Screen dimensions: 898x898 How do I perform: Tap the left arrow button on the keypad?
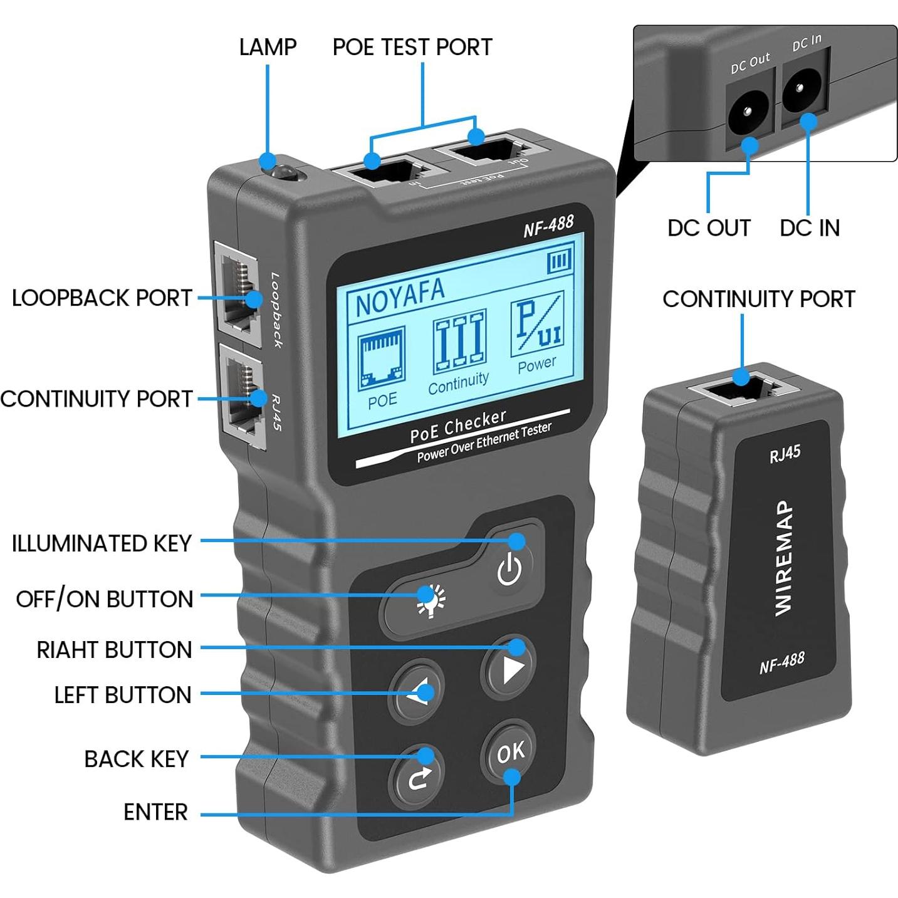(416, 691)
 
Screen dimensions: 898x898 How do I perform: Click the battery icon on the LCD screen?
(560, 261)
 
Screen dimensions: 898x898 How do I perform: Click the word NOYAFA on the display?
(400, 296)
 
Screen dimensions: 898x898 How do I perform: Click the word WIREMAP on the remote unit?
(783, 558)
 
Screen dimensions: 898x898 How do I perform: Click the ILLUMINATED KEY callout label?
(102, 543)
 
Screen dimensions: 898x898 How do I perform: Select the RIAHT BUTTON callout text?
(114, 650)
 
